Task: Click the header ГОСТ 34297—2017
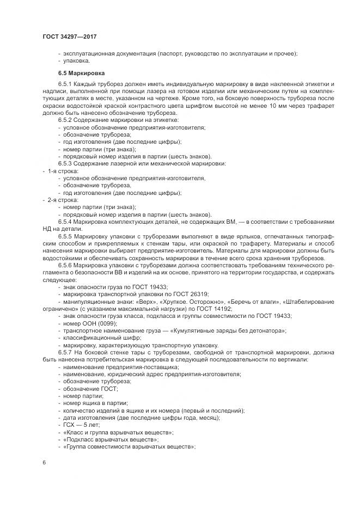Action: (x=70, y=37)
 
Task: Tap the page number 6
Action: (x=44, y=462)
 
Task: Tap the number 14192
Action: (x=183, y=309)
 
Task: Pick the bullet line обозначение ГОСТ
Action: (x=89, y=388)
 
